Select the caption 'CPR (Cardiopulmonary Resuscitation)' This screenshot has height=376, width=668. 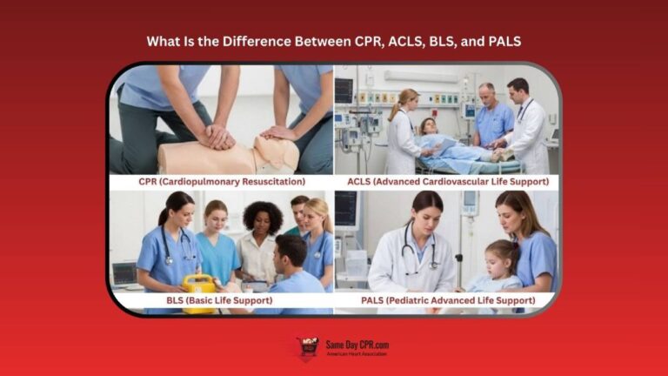click(221, 183)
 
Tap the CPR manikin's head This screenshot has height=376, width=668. click(277, 153)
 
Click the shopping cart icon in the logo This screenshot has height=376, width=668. click(307, 348)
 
